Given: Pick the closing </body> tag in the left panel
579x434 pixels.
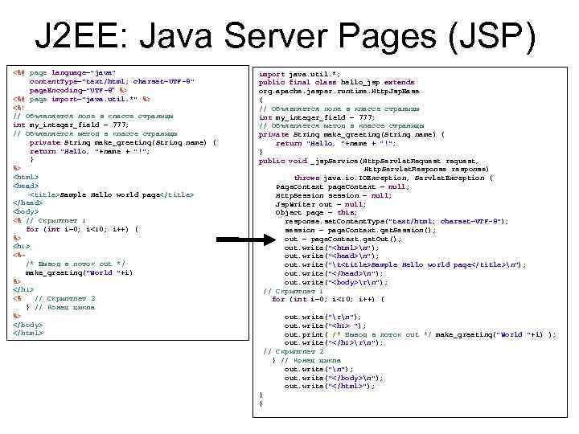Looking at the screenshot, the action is click(x=27, y=324).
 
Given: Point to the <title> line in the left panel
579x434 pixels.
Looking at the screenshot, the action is click(x=112, y=194).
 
